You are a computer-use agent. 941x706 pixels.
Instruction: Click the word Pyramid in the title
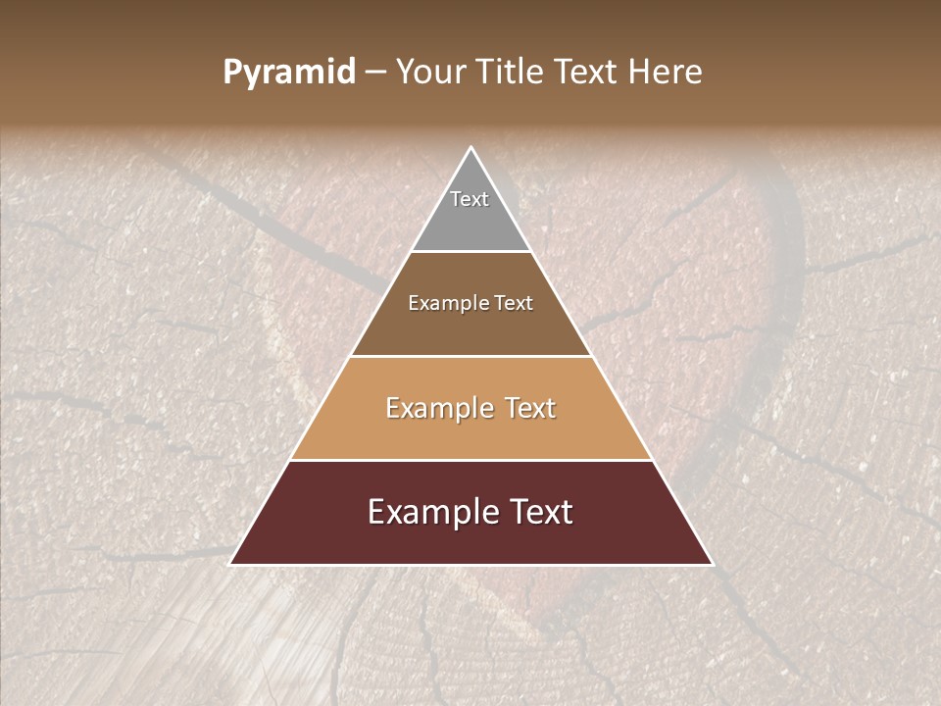coord(289,73)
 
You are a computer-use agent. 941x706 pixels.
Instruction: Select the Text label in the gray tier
coord(470,199)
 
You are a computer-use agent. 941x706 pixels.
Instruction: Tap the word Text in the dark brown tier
coord(513,303)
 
